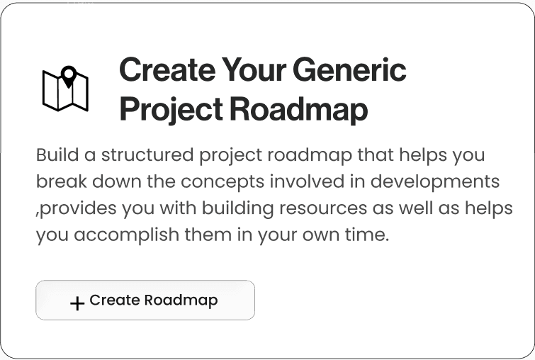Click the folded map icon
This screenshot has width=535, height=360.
click(65, 90)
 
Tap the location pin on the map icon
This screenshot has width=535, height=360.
click(68, 75)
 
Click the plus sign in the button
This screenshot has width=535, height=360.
click(77, 303)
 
